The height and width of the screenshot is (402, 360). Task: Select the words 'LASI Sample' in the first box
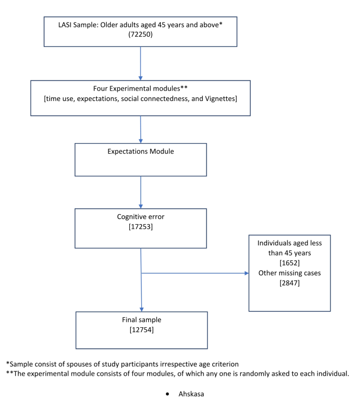pos(80,25)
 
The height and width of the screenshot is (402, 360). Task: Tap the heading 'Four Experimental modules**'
pos(141,87)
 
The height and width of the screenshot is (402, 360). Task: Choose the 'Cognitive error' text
pos(141,216)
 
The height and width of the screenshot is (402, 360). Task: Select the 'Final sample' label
pos(141,319)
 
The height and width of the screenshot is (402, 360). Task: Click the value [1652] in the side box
pos(290,262)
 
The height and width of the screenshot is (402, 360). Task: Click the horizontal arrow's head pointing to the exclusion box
pos(246,274)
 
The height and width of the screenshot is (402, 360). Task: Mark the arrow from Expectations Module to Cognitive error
pos(141,192)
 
